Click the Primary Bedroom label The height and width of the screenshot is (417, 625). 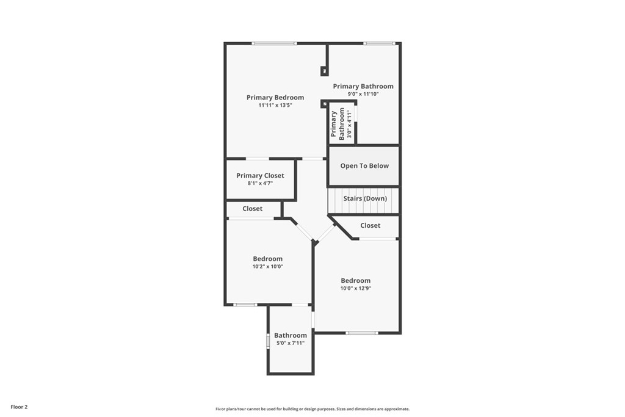pos(275,98)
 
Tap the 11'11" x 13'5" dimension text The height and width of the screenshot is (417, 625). pos(275,106)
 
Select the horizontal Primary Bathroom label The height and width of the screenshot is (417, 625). pos(363,86)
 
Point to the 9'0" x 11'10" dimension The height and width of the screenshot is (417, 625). pos(363,94)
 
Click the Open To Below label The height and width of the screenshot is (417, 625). pos(364,165)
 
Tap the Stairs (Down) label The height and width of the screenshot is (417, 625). pos(364,198)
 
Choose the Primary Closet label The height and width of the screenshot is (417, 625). pos(260,176)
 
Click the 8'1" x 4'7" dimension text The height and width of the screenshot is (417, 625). pos(260,183)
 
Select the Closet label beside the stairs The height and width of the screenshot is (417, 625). pos(370,225)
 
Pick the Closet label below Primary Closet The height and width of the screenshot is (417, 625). pos(252,209)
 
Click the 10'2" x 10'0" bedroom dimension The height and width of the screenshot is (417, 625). pos(267,266)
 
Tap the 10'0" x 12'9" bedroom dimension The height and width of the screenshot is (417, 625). pos(356,288)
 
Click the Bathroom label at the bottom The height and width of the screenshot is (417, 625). pos(290,335)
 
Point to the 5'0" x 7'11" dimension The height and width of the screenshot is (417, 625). pos(290,343)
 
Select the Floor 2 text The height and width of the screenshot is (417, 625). pos(19,407)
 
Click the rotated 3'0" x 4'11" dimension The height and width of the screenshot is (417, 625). pos(349,125)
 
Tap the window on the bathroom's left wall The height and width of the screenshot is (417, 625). pos(268,341)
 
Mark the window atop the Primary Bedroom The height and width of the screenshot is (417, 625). pos(275,43)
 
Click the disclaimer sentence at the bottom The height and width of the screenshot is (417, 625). pos(312,409)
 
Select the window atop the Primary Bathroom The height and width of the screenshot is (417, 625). pos(380,43)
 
